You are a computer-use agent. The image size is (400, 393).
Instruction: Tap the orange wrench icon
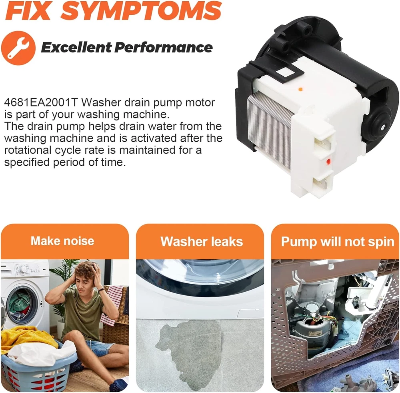tap(18, 48)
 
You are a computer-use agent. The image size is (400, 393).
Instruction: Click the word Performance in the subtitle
tap(163, 47)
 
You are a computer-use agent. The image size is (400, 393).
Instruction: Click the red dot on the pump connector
tap(328, 161)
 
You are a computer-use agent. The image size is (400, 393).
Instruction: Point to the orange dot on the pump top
tap(300, 89)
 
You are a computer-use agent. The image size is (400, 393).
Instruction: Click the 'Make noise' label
tap(62, 241)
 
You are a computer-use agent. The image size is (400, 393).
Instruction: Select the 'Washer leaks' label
tap(202, 241)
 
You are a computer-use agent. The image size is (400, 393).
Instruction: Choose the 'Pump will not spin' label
tap(338, 241)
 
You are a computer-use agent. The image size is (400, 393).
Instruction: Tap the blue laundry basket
tap(38, 367)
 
